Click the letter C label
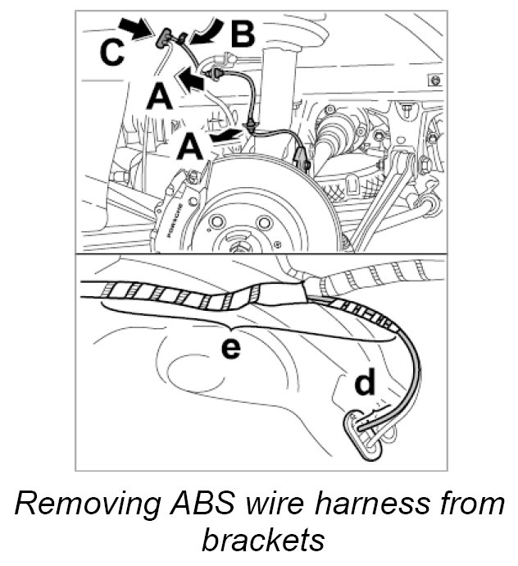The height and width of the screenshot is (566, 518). click(x=114, y=52)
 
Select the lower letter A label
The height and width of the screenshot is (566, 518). click(x=191, y=148)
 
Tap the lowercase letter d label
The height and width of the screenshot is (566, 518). click(x=365, y=384)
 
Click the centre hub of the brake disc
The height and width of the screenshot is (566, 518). click(x=239, y=238)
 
